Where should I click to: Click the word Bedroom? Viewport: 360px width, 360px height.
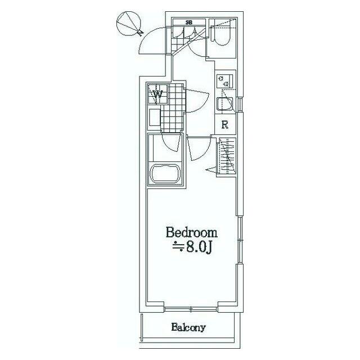[x=191, y=232]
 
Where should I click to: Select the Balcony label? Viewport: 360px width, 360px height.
[x=188, y=327]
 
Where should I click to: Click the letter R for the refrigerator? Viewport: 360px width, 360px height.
[x=225, y=125]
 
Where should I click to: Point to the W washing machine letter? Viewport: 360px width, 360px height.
[x=157, y=94]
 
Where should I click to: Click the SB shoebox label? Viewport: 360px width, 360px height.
[x=189, y=22]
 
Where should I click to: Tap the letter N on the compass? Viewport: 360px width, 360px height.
[x=140, y=33]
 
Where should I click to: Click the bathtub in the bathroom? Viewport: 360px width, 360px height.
[x=165, y=173]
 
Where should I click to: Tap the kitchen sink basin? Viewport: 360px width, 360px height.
[x=224, y=105]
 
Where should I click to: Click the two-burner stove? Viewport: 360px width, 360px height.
[x=224, y=81]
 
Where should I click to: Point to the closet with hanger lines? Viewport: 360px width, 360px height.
[x=226, y=157]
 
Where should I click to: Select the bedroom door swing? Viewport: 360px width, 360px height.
[x=199, y=148]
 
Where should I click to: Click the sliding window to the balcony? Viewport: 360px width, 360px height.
[x=191, y=310]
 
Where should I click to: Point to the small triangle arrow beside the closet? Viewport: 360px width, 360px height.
[x=211, y=170]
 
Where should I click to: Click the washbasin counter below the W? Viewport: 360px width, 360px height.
[x=155, y=118]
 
